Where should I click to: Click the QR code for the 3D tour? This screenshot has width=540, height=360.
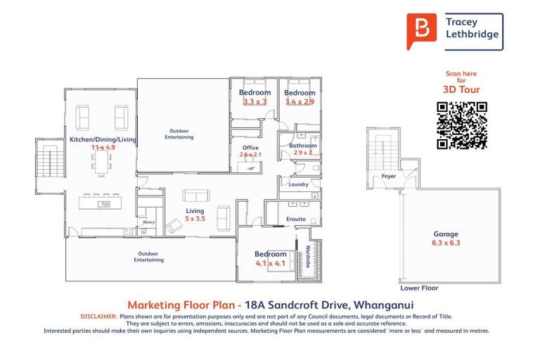click(x=462, y=125)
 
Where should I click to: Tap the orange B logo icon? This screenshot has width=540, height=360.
click(x=422, y=31)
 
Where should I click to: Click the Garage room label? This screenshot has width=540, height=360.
click(x=446, y=234)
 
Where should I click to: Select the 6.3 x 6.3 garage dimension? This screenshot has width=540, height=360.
click(x=446, y=243)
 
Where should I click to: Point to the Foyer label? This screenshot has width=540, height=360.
click(x=388, y=176)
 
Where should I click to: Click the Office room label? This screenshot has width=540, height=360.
click(x=250, y=148)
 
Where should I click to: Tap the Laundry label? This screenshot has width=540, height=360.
click(x=298, y=184)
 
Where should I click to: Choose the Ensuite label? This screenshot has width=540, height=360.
click(x=296, y=219)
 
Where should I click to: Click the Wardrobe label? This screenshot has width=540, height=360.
click(x=308, y=257)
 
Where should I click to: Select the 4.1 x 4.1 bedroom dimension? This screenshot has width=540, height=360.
click(x=270, y=263)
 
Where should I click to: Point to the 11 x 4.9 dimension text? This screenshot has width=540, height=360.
click(x=103, y=148)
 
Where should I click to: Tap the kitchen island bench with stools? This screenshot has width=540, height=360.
click(x=101, y=202)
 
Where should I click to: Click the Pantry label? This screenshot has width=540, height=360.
click(x=149, y=222)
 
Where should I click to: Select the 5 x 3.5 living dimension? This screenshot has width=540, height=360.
click(x=195, y=219)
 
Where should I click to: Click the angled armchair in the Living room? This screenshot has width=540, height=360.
click(x=174, y=226)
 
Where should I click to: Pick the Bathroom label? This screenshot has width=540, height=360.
click(x=303, y=146)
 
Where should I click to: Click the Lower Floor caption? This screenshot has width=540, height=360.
click(x=419, y=288)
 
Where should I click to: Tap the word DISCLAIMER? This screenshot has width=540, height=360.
click(x=99, y=316)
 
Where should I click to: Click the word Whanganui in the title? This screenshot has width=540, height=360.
click(x=384, y=305)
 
